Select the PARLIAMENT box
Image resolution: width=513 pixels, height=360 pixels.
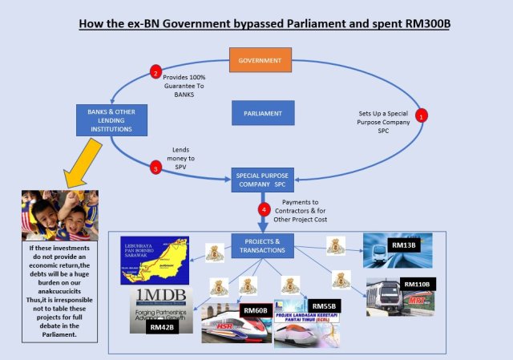(x=262, y=113)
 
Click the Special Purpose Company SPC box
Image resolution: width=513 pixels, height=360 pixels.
(x=261, y=180)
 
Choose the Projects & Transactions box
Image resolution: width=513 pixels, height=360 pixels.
(x=261, y=245)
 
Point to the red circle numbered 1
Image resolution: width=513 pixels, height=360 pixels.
(x=422, y=115)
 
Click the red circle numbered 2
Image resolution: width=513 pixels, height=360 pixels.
(x=156, y=74)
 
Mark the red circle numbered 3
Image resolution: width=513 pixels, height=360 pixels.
(x=156, y=168)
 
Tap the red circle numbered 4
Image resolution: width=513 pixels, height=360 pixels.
(x=263, y=210)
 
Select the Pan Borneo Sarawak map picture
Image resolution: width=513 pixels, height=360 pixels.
(x=154, y=260)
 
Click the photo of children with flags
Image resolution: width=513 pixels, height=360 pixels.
(x=60, y=216)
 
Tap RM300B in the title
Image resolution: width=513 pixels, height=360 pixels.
(x=424, y=22)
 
